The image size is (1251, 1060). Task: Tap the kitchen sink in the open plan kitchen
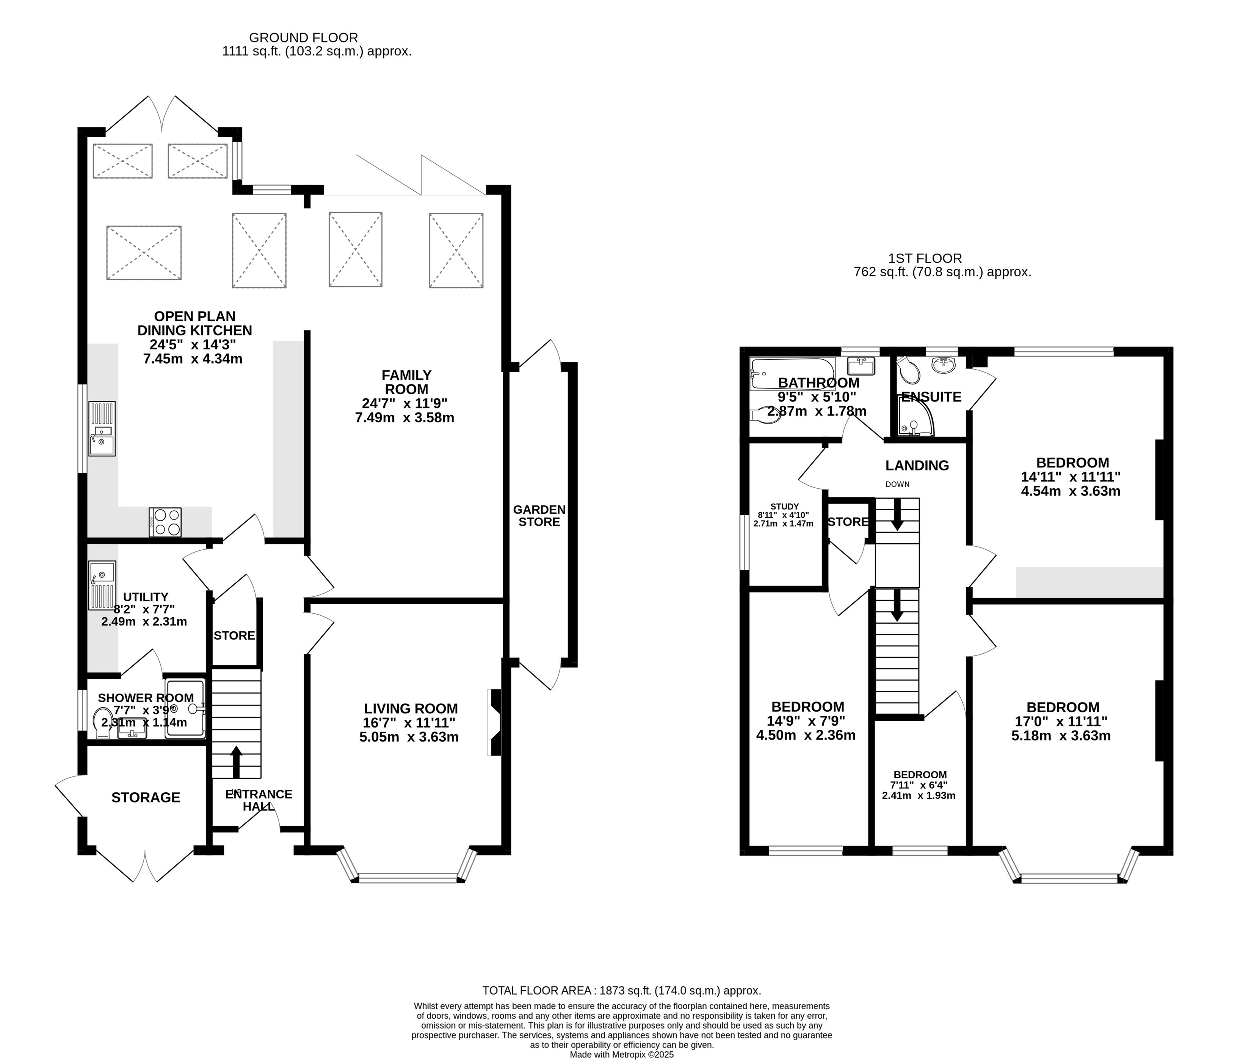[102, 428]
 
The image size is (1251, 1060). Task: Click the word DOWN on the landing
[897, 485]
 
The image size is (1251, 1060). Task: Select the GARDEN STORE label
[539, 516]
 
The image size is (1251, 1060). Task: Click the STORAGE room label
[146, 797]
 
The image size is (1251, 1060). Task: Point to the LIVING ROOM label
[411, 709]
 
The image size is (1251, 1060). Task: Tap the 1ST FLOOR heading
[925, 259]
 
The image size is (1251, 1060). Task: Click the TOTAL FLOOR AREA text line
[622, 990]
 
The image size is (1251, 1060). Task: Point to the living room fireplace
[496, 722]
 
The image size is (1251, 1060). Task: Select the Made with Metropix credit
[622, 1054]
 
